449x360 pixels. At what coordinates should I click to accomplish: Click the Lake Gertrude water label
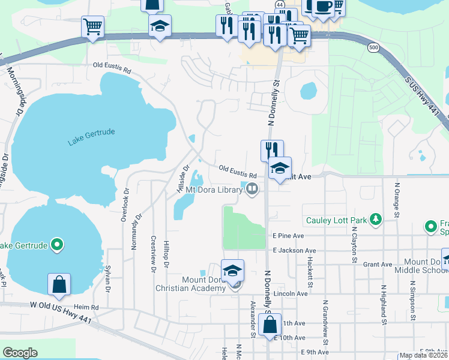click(x=91, y=137)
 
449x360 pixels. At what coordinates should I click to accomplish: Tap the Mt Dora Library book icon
click(x=253, y=190)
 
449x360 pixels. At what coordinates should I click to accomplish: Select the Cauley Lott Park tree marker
click(x=376, y=220)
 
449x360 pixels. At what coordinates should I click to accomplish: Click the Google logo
click(x=20, y=353)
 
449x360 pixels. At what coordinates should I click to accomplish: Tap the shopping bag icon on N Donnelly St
click(x=271, y=326)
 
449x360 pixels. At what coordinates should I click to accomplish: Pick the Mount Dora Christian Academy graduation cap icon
click(x=233, y=271)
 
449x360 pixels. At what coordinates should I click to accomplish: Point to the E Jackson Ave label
click(x=294, y=251)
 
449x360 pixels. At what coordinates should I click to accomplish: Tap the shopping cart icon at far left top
click(x=92, y=26)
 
